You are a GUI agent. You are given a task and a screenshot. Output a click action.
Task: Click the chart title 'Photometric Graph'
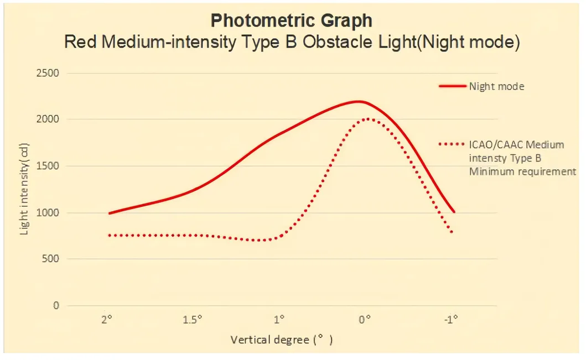[292, 20]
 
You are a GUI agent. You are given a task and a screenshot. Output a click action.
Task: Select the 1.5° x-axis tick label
[193, 320]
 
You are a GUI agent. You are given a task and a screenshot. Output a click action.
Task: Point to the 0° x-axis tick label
[364, 320]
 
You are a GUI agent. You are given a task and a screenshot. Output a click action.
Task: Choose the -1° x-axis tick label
[451, 320]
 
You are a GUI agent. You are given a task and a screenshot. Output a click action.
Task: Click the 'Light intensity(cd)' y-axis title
[24, 188]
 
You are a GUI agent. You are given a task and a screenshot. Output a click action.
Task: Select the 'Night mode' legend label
[496, 86]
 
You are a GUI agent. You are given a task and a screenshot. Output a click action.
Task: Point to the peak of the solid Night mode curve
[359, 101]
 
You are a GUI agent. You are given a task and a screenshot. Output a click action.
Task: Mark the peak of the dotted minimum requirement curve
[367, 118]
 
